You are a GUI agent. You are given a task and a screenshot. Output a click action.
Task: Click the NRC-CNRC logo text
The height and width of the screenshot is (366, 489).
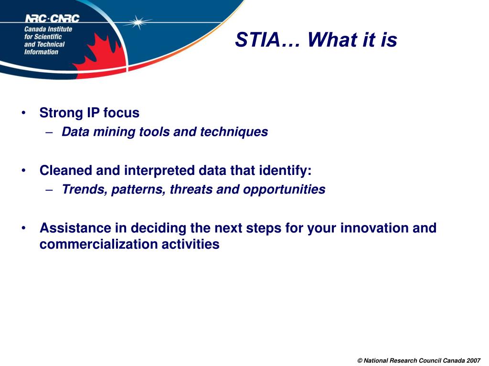click(x=52, y=19)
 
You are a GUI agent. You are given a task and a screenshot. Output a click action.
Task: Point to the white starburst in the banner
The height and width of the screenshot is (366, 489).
click(x=137, y=22)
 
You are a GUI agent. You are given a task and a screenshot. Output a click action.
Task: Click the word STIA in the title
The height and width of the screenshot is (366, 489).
click(x=257, y=40)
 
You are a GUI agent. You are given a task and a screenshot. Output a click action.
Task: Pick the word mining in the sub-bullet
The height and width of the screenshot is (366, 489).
click(x=114, y=132)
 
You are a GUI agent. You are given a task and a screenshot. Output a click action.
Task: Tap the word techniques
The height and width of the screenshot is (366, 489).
click(x=234, y=132)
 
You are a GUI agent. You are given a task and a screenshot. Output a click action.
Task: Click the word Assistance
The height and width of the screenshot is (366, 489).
click(x=75, y=228)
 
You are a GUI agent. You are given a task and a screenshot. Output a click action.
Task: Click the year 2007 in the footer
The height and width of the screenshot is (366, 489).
click(x=473, y=361)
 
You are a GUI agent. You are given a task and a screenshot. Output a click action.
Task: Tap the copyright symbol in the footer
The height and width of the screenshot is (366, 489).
click(x=360, y=361)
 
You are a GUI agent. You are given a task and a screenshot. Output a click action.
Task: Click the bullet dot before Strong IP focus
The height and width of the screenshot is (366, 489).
click(x=24, y=112)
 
